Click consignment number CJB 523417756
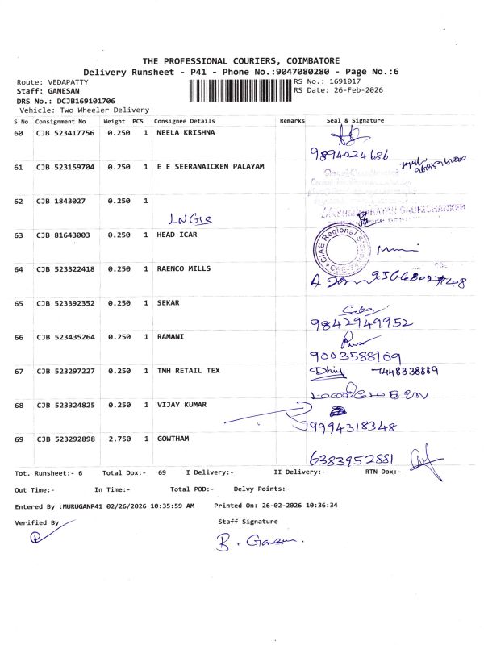click(65, 132)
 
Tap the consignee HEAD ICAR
click(177, 235)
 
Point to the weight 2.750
click(119, 439)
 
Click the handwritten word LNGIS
click(186, 218)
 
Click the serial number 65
click(19, 303)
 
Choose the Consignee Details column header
click(185, 120)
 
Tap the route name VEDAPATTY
click(65, 82)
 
